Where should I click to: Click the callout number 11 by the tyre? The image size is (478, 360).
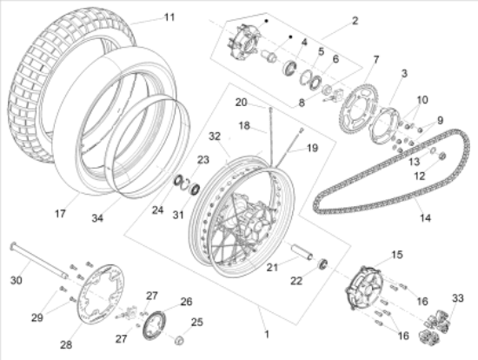click(x=169, y=17)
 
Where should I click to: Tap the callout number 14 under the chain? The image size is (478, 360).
click(x=425, y=218)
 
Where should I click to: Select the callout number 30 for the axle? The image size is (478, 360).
click(x=17, y=280)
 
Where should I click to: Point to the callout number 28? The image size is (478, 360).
click(x=66, y=344)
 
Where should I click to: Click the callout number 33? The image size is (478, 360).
click(x=457, y=297)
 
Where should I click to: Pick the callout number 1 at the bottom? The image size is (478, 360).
click(x=267, y=334)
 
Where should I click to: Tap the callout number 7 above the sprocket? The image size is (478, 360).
click(x=376, y=59)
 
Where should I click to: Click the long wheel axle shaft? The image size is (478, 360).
click(x=39, y=260)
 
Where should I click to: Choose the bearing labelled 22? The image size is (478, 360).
click(x=322, y=263)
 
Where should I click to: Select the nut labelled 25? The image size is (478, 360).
click(x=179, y=340)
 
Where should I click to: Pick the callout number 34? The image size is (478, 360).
click(x=97, y=218)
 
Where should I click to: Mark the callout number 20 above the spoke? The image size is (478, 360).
click(x=241, y=103)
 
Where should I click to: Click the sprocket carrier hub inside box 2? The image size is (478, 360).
click(x=244, y=41)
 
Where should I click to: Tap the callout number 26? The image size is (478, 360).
click(x=187, y=302)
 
